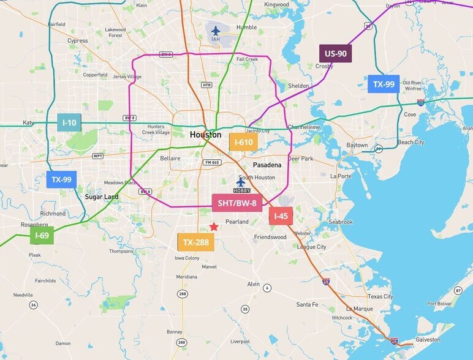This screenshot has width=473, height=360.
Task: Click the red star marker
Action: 214,227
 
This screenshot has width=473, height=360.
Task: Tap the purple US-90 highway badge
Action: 335,54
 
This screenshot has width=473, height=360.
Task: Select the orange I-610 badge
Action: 243,142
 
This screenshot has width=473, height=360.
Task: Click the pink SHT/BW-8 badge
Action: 237,203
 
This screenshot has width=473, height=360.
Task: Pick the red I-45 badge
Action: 281,216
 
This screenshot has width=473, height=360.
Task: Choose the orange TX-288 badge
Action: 196,242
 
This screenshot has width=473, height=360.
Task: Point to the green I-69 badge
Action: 42,235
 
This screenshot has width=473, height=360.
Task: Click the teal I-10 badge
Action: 69,122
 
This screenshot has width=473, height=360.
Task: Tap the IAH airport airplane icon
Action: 215,30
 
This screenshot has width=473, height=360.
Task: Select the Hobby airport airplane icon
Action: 241,181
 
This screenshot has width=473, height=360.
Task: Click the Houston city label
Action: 205,135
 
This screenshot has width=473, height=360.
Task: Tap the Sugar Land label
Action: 102,197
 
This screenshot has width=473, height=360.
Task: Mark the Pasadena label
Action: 267,165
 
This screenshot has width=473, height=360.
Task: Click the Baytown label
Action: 357,145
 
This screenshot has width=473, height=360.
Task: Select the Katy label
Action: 28,122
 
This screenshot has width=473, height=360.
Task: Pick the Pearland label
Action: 237,222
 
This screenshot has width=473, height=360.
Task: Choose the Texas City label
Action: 380,296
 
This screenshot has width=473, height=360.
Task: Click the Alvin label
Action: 254,284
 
